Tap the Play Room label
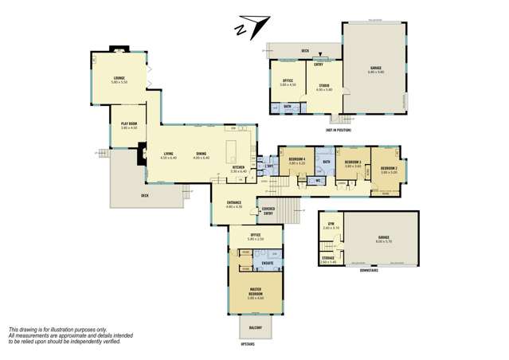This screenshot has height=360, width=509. point(129,123)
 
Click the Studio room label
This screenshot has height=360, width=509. point(324,85)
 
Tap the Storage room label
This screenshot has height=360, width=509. point(328,257)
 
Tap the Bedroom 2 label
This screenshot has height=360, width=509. point(389,169)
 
